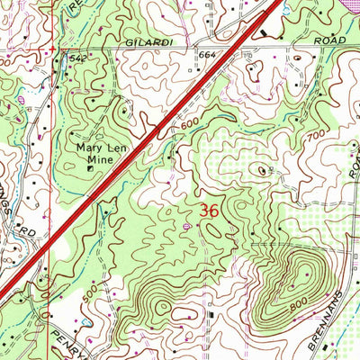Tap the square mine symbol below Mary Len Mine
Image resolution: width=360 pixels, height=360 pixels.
pos(90,166)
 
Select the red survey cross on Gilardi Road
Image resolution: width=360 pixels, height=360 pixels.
pos(54,45)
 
